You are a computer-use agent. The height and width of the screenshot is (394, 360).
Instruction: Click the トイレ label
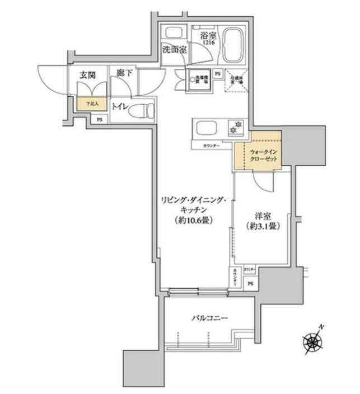119,106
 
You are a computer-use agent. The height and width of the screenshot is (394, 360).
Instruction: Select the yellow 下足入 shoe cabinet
86,104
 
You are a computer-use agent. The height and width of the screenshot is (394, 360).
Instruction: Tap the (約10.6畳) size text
195,219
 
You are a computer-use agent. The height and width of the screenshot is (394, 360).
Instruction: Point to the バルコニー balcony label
209,317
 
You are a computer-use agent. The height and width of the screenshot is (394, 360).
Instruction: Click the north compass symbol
312,339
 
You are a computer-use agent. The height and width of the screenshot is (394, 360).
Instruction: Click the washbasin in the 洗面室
174,32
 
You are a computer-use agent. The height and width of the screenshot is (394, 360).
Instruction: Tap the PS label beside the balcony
250,283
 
